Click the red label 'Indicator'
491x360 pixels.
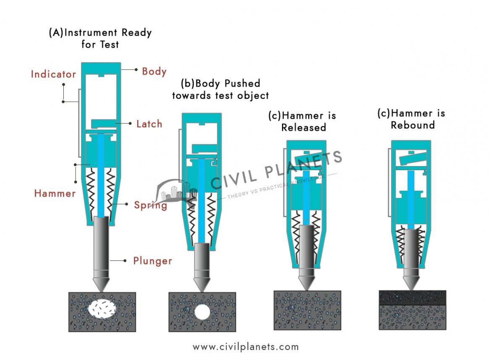point(53,74)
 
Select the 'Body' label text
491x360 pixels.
point(154,71)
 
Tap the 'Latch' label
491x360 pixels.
point(149,124)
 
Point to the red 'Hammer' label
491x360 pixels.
point(55,194)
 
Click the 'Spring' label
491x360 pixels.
point(150,205)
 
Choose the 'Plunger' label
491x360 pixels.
point(152,261)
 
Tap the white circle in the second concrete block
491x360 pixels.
point(202,312)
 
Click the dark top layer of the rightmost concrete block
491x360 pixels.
point(412,297)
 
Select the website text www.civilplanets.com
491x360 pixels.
point(245,347)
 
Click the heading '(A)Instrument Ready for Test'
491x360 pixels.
point(100,38)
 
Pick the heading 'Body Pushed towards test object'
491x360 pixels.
point(220,89)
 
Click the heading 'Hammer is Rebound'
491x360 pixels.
point(412,119)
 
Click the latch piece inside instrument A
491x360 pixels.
point(103,123)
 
